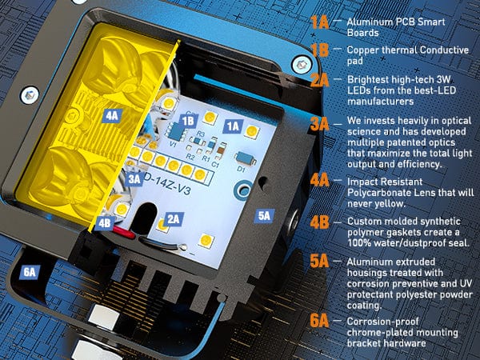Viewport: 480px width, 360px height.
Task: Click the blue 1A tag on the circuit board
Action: [234, 126]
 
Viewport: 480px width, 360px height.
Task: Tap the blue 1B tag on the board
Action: [188, 122]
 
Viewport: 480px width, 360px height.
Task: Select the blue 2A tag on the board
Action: [174, 219]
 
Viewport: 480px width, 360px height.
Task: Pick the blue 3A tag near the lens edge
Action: [134, 178]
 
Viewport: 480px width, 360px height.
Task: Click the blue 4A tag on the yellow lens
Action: [112, 116]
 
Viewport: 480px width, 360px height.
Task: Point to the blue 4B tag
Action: [105, 223]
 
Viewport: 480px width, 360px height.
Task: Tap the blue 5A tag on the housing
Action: [264, 216]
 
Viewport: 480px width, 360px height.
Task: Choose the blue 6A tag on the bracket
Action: [30, 272]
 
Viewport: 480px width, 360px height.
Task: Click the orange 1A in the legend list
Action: [319, 22]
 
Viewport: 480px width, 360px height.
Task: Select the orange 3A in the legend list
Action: [319, 124]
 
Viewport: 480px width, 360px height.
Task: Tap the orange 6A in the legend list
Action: [319, 321]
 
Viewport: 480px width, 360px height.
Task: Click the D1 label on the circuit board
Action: [242, 169]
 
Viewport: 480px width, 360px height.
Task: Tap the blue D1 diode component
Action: [246, 158]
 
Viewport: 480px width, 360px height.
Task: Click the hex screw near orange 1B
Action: [302, 64]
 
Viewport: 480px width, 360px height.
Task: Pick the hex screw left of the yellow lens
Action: [30, 95]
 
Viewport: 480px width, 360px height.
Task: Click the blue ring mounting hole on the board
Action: [243, 190]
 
